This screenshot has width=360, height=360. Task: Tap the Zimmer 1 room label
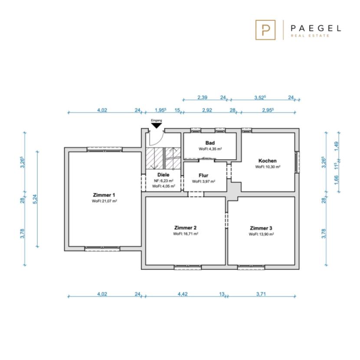click(x=104, y=195)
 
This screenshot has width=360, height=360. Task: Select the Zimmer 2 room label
click(x=185, y=228)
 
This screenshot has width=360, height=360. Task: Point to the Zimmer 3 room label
click(x=261, y=228)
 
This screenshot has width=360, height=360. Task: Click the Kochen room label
click(x=268, y=161)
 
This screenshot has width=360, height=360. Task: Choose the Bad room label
click(x=210, y=143)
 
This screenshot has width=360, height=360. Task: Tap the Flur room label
click(x=203, y=175)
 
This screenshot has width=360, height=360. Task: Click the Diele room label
click(x=163, y=175)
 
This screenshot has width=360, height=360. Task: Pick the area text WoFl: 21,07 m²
click(x=105, y=201)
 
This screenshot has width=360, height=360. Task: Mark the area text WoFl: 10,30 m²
click(x=268, y=167)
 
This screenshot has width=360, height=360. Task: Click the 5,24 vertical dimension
click(x=35, y=199)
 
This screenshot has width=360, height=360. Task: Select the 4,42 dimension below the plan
click(x=183, y=294)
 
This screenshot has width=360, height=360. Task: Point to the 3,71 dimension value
click(x=261, y=294)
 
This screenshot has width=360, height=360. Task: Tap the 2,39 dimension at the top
click(x=202, y=97)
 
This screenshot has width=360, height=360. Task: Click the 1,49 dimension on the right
click(x=336, y=146)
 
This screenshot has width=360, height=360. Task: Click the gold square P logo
click(x=265, y=30)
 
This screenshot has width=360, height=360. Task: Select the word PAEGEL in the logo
click(x=316, y=28)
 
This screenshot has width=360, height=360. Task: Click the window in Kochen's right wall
click(x=297, y=162)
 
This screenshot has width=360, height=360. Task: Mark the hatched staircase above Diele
click(x=163, y=158)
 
